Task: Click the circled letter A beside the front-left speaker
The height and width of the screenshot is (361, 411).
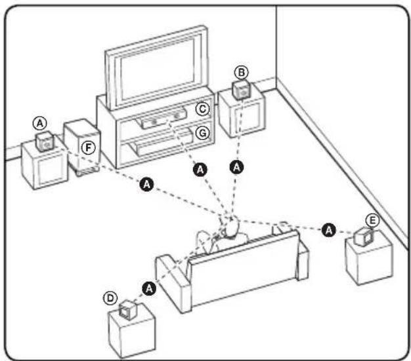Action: tap(41, 123)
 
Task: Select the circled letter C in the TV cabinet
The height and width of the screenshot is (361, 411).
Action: tap(204, 108)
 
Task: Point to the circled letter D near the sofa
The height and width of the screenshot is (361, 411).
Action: tap(110, 298)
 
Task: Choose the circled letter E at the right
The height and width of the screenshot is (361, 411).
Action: tap(372, 221)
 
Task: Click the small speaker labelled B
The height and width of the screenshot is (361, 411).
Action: tap(242, 89)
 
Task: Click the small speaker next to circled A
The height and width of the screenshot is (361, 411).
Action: tap(45, 141)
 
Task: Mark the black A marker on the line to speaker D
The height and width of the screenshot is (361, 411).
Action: tap(149, 288)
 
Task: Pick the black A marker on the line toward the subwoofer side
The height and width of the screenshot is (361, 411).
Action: tap(146, 185)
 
